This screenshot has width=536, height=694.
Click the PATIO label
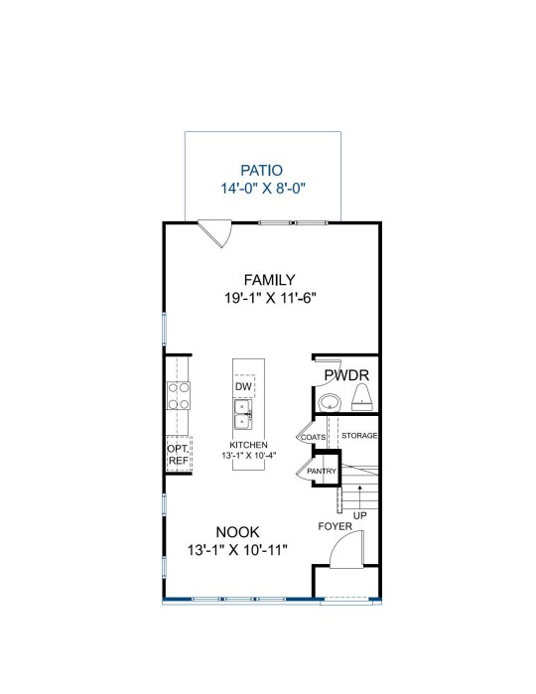[x=261, y=170]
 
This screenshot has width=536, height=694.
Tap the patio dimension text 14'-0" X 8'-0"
[x=263, y=189]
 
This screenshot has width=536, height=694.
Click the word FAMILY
[x=270, y=280]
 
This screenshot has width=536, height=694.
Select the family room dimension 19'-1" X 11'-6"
[x=270, y=298]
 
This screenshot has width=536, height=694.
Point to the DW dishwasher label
[x=243, y=386]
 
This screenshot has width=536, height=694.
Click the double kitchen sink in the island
[x=243, y=414]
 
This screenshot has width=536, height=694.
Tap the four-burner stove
[x=179, y=396]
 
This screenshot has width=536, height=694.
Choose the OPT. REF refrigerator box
[x=179, y=454]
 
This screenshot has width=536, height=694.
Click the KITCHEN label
[x=248, y=445]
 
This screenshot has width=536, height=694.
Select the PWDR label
[x=346, y=375]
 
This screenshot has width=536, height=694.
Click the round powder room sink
[x=330, y=403]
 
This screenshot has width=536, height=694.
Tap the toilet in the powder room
[x=362, y=397]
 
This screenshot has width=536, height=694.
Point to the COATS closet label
[x=314, y=437]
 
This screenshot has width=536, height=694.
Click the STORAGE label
[x=359, y=436]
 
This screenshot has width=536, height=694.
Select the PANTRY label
[x=322, y=471]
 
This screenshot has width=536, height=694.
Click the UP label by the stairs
[x=360, y=515]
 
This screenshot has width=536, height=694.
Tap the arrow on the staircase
[x=360, y=497]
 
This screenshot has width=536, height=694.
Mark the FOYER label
[x=335, y=526]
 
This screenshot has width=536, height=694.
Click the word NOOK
[x=237, y=531]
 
